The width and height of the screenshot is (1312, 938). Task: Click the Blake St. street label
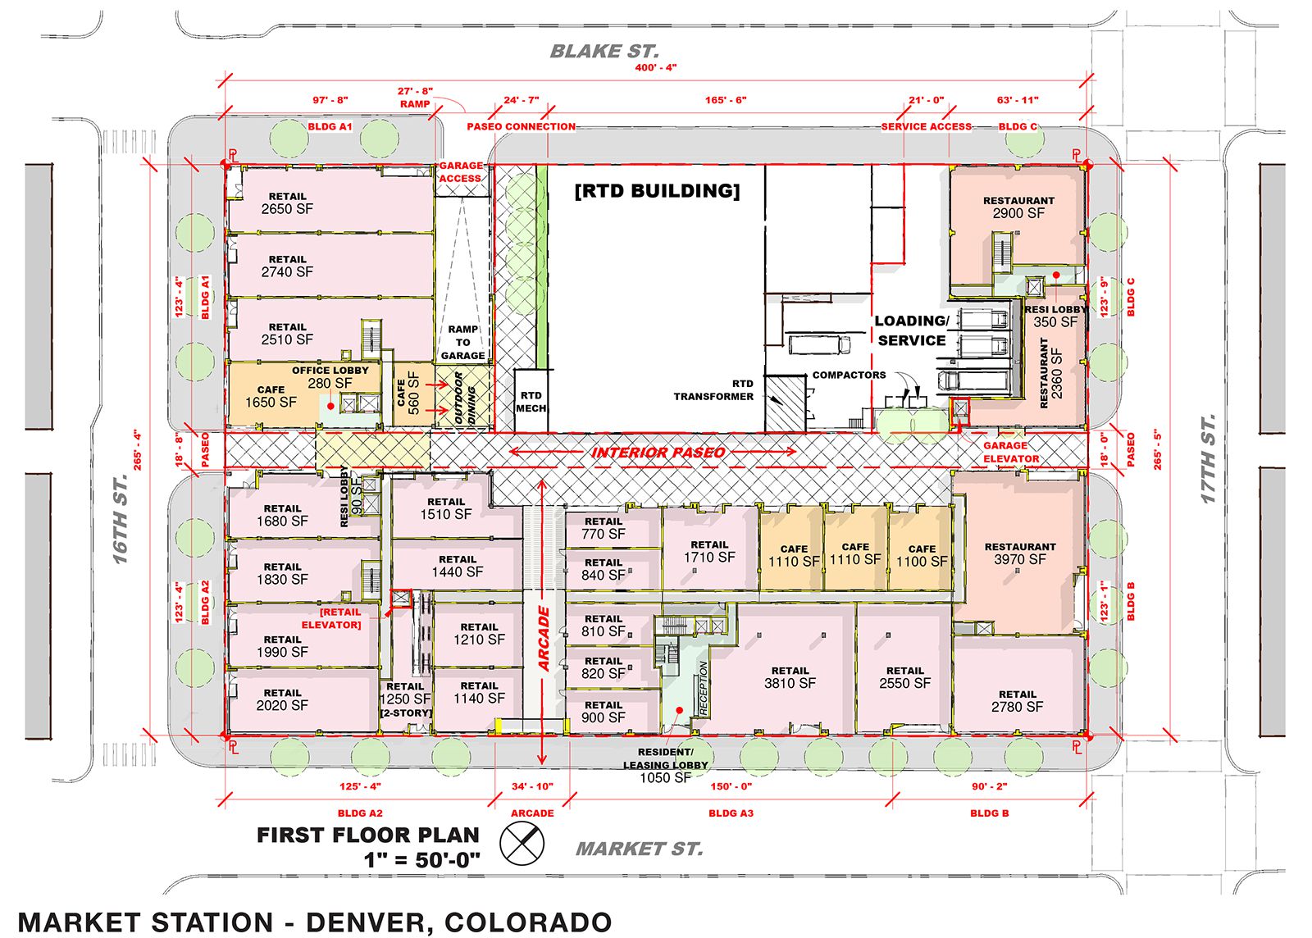pyautogui.click(x=604, y=52)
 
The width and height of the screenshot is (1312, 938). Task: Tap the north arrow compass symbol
pyautogui.click(x=522, y=843)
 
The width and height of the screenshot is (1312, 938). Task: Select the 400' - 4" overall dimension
pyautogui.click(x=655, y=67)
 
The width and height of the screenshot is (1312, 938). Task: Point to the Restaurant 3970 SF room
pyautogui.click(x=1019, y=553)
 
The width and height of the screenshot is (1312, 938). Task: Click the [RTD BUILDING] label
pyautogui.click(x=657, y=191)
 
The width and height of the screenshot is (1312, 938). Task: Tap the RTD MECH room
pyautogui.click(x=531, y=401)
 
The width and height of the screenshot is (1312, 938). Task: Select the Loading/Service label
pyautogui.click(x=911, y=330)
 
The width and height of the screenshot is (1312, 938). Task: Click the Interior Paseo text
pyautogui.click(x=658, y=452)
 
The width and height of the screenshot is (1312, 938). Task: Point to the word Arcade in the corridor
pyautogui.click(x=544, y=639)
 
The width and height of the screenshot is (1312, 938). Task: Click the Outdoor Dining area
pyautogui.click(x=464, y=398)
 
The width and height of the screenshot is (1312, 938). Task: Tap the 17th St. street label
pyautogui.click(x=1209, y=458)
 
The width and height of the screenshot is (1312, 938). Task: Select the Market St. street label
pyautogui.click(x=639, y=849)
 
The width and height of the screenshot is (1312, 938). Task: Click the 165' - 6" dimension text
pyautogui.click(x=726, y=100)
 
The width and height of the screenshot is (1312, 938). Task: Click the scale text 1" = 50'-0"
pyautogui.click(x=421, y=860)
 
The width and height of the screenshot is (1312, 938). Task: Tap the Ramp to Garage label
pyautogui.click(x=462, y=343)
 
